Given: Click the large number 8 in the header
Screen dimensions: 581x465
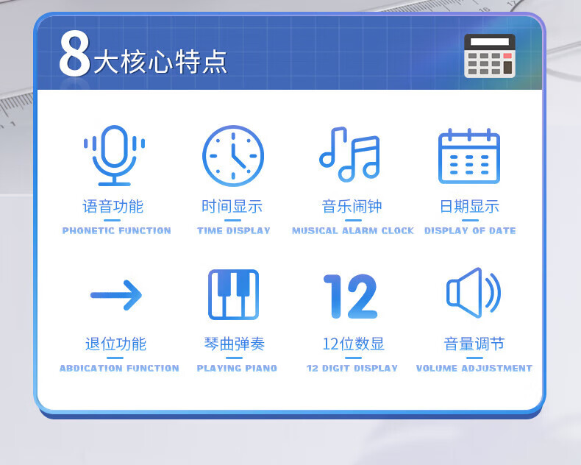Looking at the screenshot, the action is [74, 54].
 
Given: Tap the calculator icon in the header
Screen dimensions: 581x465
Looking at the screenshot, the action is [490, 56].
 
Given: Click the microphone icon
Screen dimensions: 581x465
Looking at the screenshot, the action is [114, 155].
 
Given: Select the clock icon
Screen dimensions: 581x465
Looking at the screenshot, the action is [233, 156].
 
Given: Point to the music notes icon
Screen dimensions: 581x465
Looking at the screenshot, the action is [350, 155].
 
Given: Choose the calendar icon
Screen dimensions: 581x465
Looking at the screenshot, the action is [469, 156].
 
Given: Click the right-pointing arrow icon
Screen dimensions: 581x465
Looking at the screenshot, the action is [116, 295].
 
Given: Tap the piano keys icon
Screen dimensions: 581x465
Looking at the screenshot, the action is [233, 294].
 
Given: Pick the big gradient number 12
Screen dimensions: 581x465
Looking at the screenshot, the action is [351, 297].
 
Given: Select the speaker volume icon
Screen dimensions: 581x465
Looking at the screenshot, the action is [474, 293].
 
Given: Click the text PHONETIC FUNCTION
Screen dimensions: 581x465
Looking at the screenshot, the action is [116, 230].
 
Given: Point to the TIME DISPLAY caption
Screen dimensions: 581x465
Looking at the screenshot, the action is [233, 230].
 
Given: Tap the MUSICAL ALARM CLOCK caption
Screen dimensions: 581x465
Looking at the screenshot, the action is [353, 230].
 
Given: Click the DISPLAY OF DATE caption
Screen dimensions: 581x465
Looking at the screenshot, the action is [470, 230].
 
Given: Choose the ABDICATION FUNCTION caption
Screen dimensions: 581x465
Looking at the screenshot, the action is [119, 368].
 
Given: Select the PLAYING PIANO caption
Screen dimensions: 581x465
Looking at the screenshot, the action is [237, 368].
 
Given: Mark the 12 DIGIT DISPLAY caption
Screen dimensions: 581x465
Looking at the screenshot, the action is [352, 368].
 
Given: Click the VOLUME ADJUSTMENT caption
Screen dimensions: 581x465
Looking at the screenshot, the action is [474, 368].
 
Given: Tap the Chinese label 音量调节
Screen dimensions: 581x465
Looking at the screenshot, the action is [474, 344].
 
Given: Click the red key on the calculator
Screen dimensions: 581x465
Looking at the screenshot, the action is [507, 56].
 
